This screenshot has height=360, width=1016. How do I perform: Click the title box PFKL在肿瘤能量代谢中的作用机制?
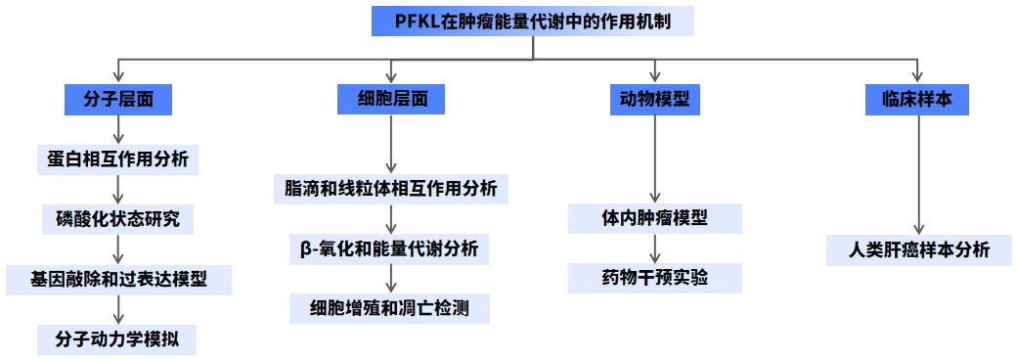(x=533, y=21)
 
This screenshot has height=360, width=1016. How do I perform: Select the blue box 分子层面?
(x=117, y=100)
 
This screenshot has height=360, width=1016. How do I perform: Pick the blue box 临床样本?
(x=916, y=100)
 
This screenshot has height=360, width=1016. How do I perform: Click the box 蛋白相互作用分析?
(x=117, y=158)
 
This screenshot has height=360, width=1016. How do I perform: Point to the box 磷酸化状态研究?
(x=117, y=219)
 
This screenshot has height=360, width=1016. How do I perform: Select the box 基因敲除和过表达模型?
(x=117, y=279)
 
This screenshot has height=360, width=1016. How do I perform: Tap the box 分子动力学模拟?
(x=117, y=339)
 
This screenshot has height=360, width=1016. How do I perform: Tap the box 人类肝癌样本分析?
(x=916, y=249)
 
